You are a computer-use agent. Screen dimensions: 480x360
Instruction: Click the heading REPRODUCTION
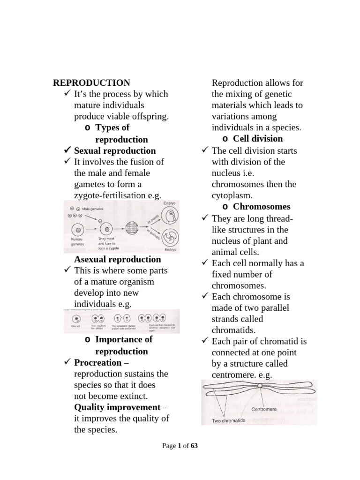[x=91, y=83]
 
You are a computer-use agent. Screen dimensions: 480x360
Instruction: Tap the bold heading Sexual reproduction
[x=115, y=150]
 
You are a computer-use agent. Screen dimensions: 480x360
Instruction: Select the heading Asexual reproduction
[x=117, y=259]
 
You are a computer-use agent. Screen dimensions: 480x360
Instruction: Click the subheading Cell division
[x=258, y=139]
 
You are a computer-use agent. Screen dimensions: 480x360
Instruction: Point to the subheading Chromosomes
[x=262, y=207]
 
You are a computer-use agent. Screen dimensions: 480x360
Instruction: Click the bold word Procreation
[x=97, y=362]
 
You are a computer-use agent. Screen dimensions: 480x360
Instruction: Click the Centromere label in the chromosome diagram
[x=264, y=409]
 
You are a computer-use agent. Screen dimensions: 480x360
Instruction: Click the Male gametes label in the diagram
[x=94, y=208]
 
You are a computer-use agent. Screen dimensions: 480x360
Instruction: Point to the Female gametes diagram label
[x=77, y=241]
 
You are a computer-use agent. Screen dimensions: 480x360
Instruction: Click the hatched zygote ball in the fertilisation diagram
[x=135, y=230]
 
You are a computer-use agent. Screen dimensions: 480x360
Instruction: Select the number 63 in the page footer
[x=194, y=446]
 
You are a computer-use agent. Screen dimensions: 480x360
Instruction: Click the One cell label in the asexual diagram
[x=75, y=325]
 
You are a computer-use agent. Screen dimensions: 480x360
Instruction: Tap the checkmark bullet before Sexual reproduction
[x=67, y=150]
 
